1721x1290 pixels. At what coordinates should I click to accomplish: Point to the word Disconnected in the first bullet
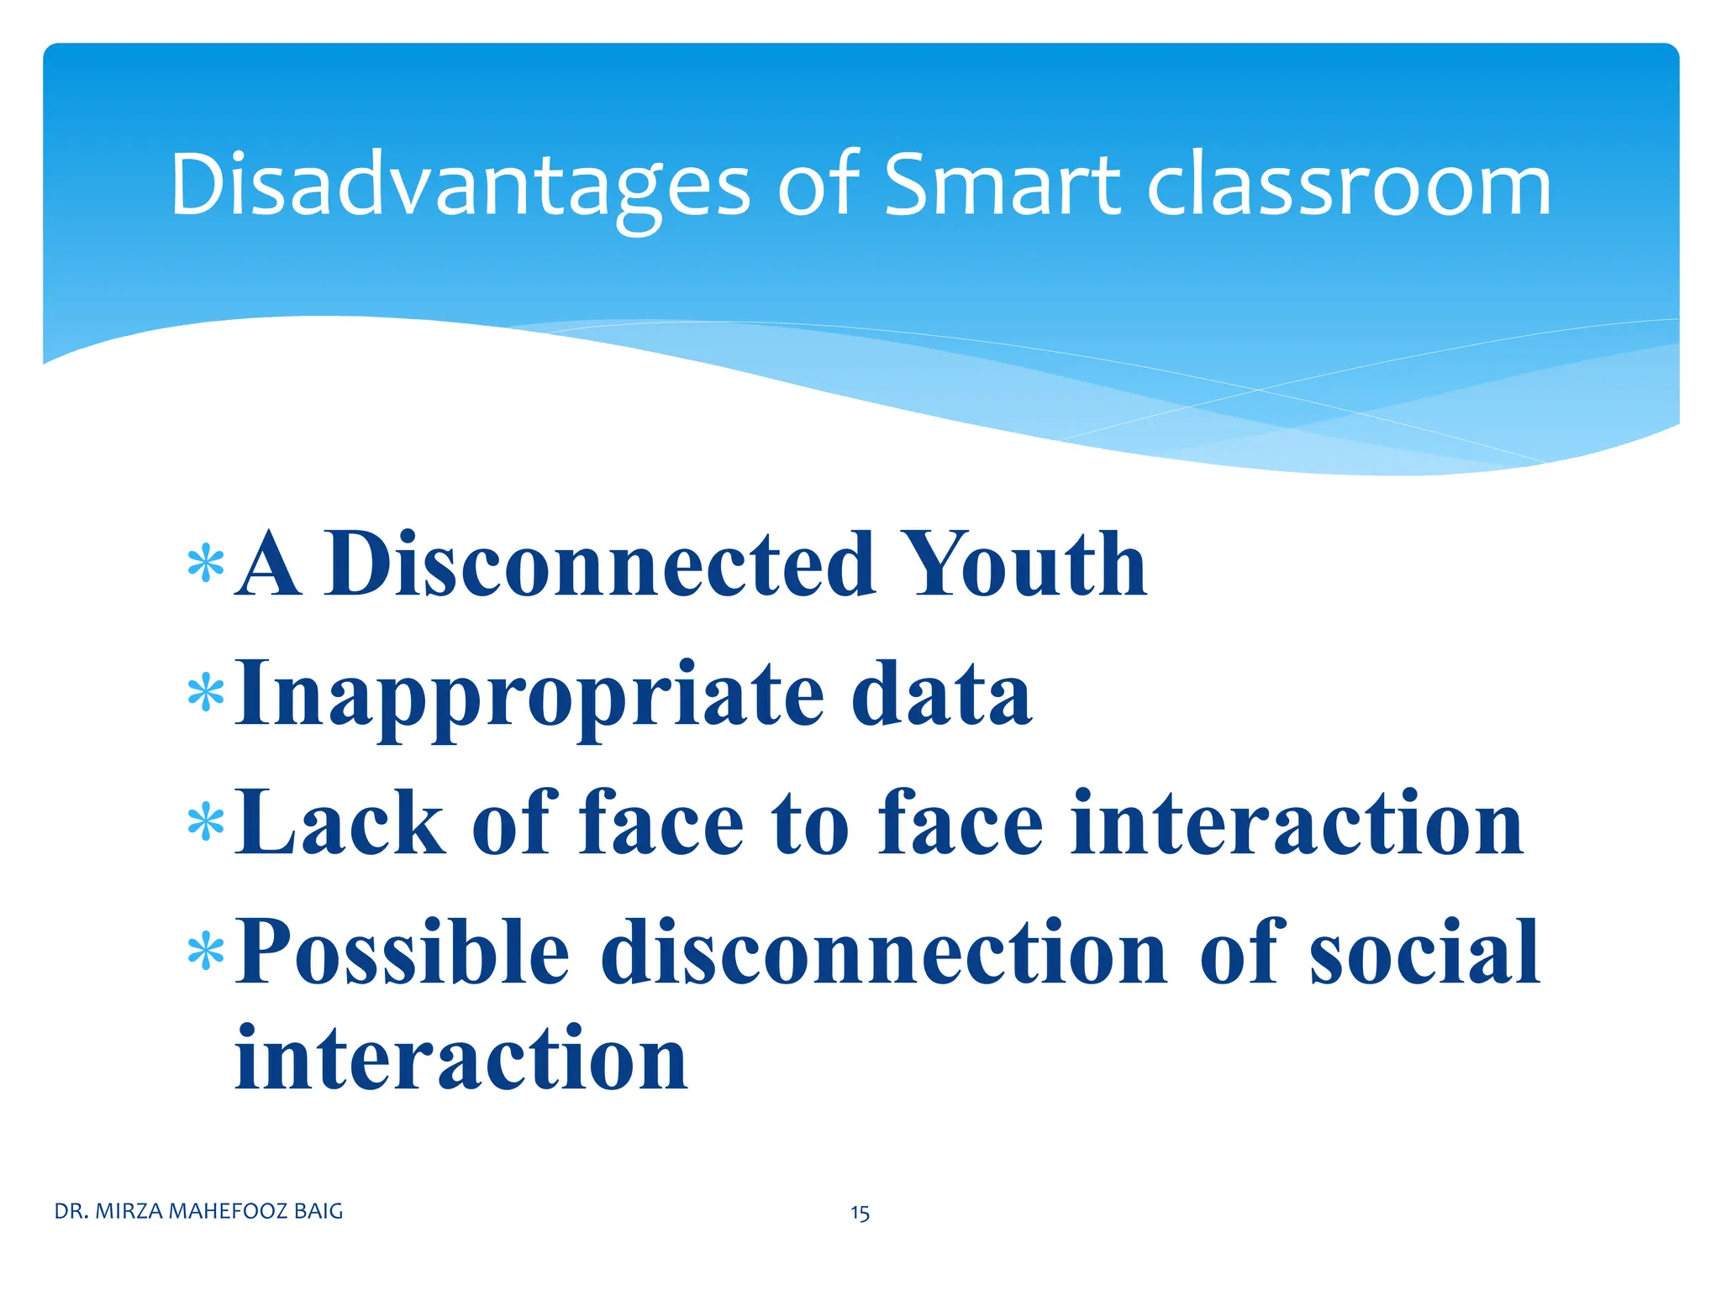[601, 564]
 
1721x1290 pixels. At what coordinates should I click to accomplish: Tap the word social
[1424, 952]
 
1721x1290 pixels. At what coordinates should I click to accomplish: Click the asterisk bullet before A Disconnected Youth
[206, 565]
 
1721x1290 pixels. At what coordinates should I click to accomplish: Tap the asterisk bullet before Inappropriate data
[206, 695]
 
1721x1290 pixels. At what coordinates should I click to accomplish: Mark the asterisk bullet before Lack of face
[206, 824]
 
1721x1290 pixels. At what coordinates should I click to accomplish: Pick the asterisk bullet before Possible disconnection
[206, 952]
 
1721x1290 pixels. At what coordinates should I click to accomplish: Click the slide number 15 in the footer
[860, 1213]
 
